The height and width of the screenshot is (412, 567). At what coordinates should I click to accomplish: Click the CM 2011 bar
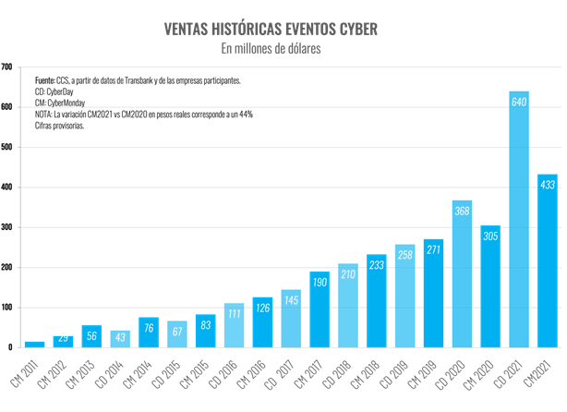pos(34,345)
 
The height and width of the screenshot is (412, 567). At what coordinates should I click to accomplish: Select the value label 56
pos(91,335)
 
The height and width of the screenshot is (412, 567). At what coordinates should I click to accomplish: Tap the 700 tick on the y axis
pos(6,67)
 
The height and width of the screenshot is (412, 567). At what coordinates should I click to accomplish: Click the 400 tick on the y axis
pos(6,188)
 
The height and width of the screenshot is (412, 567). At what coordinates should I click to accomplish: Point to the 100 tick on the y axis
pos(6,308)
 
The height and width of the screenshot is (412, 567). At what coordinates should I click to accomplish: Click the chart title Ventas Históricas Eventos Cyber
pos(271,29)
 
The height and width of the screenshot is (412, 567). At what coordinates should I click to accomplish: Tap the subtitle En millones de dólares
pos(271,48)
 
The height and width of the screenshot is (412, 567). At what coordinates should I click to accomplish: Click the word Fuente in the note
pos(45,81)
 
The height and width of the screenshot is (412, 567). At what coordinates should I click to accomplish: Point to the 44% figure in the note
pos(246,115)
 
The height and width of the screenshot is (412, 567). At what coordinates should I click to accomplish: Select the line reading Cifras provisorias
pos(59,126)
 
